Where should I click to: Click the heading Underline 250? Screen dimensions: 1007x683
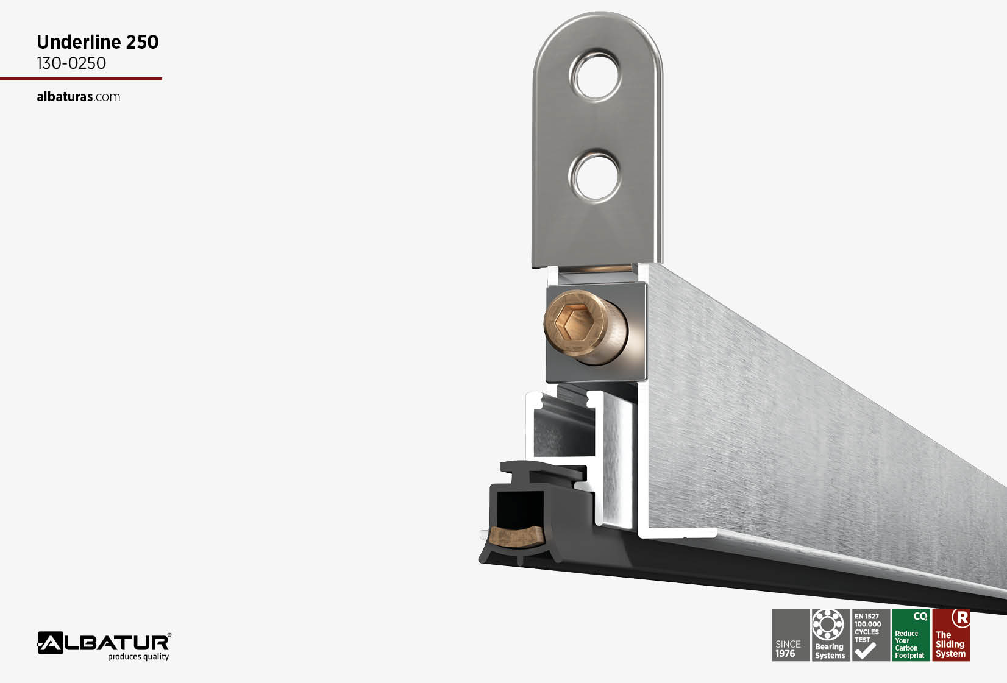[98, 42]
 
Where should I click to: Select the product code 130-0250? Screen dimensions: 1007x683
[71, 63]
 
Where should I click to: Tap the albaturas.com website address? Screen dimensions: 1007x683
[78, 97]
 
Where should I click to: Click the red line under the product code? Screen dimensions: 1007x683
[81, 79]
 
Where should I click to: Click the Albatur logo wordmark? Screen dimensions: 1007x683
[104, 643]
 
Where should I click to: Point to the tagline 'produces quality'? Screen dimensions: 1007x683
[138, 656]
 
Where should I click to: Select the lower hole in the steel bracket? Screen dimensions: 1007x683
[595, 176]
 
